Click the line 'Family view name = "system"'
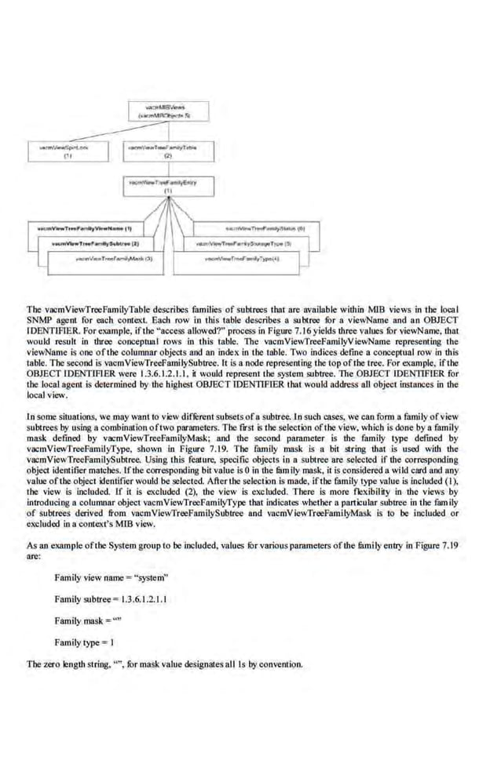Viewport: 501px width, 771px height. point(111,578)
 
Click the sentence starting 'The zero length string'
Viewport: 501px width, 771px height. point(164,664)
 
